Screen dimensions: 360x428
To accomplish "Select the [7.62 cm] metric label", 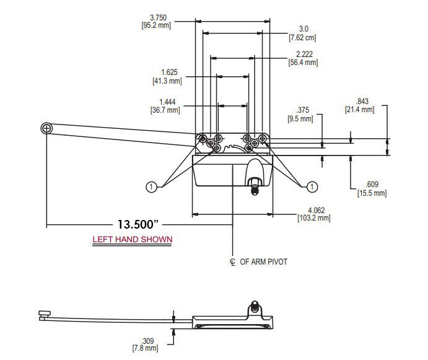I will tap(303, 38).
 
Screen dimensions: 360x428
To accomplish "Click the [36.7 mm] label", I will tap(166, 110).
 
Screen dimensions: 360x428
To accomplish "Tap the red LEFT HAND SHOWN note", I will tap(133, 239).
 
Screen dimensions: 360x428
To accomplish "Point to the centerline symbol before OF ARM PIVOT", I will tap(232, 261).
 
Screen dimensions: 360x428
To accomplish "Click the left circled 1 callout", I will tap(150, 186).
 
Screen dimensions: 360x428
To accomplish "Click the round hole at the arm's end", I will tap(46, 128).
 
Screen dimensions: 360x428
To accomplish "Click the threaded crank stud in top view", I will tap(253, 185).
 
